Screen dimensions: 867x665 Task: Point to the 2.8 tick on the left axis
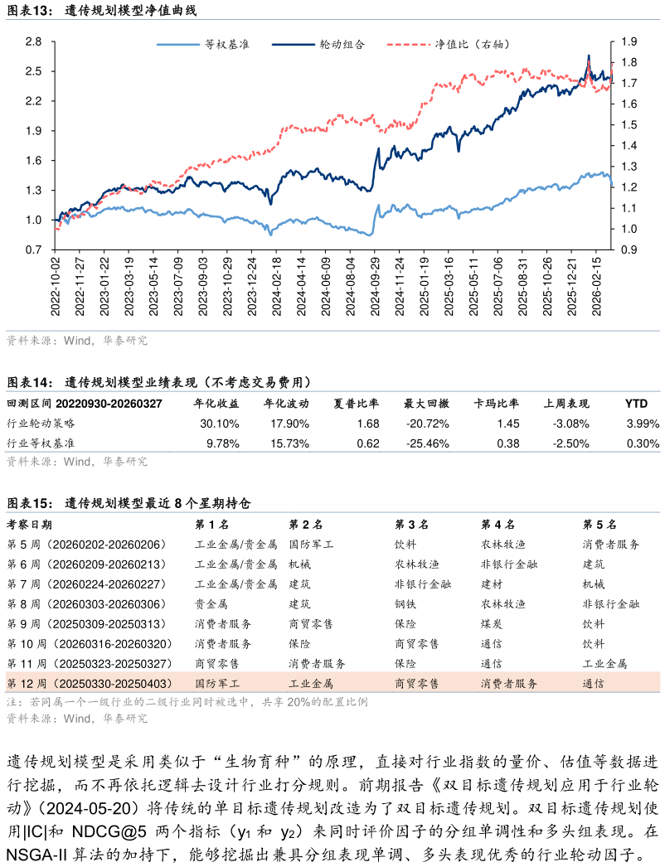(33, 41)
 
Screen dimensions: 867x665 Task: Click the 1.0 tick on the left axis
(33, 220)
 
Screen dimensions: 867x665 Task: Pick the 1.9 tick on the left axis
(33, 131)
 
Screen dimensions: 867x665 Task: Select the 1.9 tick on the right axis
(629, 41)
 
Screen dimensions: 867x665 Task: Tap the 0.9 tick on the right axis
(629, 249)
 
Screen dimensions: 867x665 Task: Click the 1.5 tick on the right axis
(629, 124)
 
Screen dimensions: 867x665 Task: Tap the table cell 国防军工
(217, 684)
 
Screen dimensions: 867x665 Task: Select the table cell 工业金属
(311, 684)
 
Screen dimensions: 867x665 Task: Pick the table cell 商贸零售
(417, 684)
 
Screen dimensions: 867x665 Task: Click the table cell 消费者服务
(509, 684)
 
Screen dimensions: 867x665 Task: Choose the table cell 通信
(594, 684)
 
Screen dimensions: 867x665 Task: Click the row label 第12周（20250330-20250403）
(90, 684)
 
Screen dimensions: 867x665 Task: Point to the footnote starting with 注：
(187, 702)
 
